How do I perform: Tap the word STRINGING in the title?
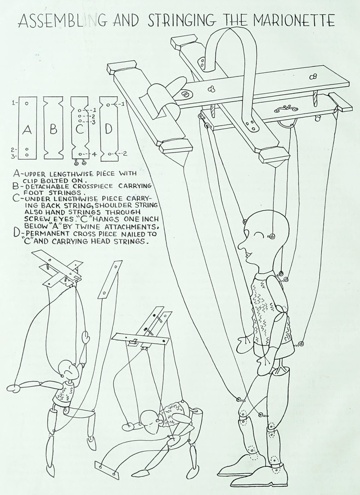[180, 20]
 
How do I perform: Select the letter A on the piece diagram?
[27, 130]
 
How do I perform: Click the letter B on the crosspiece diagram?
[54, 130]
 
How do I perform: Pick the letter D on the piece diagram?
[108, 129]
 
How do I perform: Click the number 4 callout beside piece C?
[94, 154]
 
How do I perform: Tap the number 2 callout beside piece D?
[125, 153]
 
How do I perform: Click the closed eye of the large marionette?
[260, 235]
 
